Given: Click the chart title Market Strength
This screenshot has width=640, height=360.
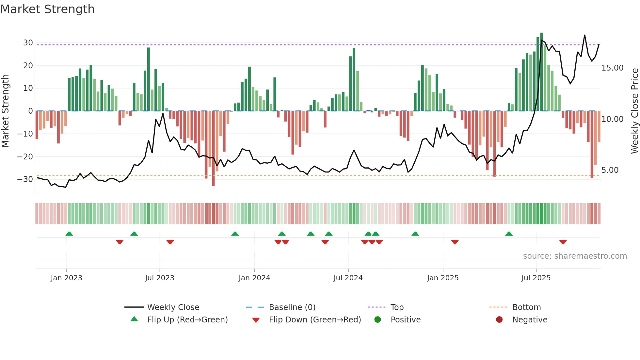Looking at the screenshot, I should click(48, 9).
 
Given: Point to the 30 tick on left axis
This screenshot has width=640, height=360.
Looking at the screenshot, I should click(28, 43).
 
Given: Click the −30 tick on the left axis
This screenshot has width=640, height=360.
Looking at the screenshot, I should click(25, 179).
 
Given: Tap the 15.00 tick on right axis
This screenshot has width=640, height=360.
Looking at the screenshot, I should click(612, 68).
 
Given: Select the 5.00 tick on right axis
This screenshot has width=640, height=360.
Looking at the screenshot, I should click(610, 170).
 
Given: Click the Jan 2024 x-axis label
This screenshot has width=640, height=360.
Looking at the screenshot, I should click(254, 278).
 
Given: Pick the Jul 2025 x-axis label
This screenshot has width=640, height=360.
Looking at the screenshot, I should click(536, 278).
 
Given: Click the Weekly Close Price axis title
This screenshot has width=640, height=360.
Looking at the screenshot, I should click(634, 111).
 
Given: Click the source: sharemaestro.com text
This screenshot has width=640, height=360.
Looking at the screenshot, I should click(575, 256).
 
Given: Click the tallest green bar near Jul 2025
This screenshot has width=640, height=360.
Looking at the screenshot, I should click(541, 72).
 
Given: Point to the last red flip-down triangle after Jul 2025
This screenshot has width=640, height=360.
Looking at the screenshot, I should click(563, 242).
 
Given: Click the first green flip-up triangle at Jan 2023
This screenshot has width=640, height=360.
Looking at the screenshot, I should click(69, 234).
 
